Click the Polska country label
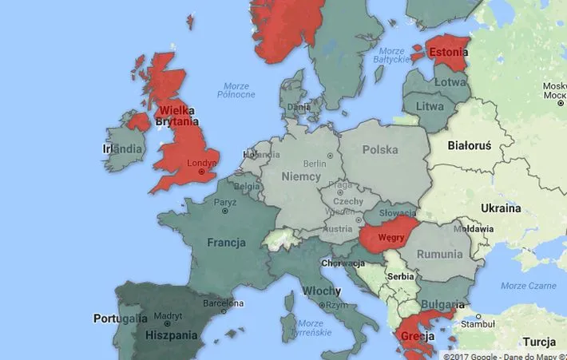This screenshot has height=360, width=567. coord(380,149)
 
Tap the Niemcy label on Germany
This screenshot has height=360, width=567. coord(301,176)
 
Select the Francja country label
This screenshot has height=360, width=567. coord(226,242)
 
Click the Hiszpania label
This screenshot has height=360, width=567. coord(172,336)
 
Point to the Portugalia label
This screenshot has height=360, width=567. coord(121,318)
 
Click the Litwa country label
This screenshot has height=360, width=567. coord(430,106)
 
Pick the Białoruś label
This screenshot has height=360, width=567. coord(470,146)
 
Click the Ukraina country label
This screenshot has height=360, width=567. coord(501,208)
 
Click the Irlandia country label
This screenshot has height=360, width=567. coord(123,149)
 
